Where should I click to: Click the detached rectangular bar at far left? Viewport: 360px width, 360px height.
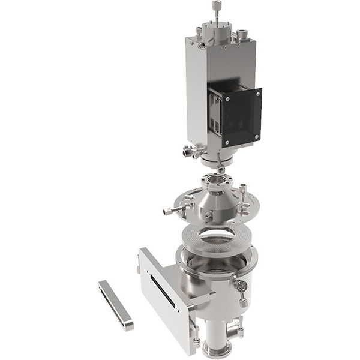[x=116, y=304]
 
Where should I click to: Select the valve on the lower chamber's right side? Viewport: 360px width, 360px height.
[x=242, y=289]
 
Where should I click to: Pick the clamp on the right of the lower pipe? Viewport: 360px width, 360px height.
[x=238, y=329]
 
